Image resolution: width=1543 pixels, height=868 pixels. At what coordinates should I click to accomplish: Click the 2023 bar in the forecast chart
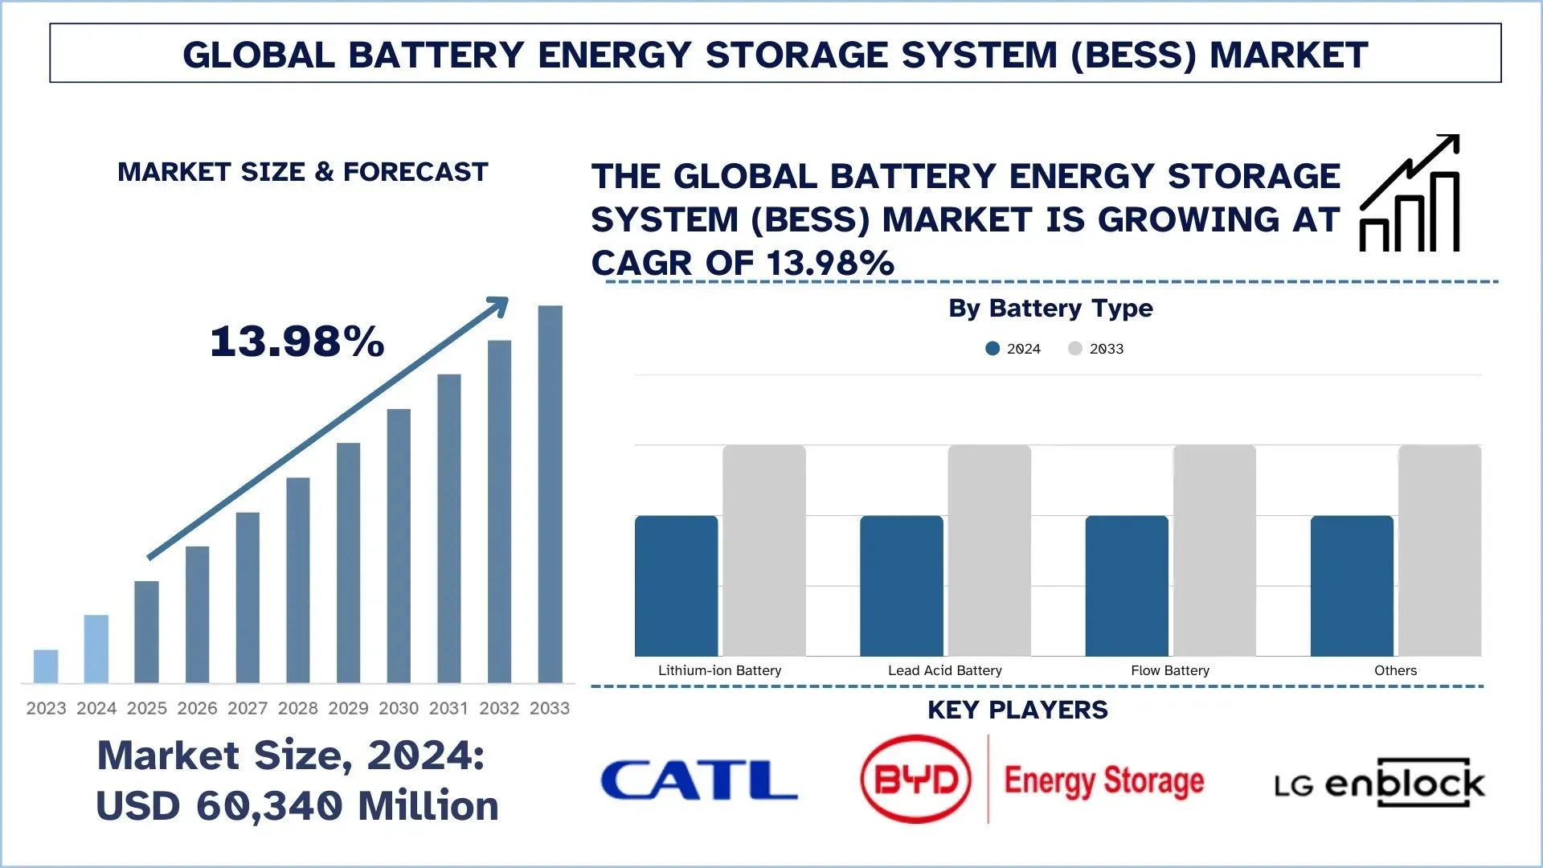(46, 666)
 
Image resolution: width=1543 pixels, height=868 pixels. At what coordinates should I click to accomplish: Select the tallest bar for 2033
(550, 494)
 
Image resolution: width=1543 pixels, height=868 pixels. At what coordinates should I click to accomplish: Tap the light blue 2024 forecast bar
(96, 649)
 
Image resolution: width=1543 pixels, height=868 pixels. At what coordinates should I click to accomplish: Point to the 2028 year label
(297, 708)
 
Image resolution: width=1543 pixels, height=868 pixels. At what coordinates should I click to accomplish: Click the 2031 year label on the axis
(448, 708)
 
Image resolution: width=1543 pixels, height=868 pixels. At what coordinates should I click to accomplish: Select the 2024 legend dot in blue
(993, 349)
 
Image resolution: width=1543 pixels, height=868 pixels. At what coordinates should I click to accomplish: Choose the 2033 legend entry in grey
(1096, 349)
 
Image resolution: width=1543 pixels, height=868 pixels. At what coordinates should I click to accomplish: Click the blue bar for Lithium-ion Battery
(676, 586)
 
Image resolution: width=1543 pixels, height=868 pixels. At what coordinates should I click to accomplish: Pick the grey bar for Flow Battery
(1214, 551)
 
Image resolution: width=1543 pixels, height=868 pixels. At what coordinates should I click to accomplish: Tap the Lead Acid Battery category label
(944, 670)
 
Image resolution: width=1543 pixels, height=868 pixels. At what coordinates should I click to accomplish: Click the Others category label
(1395, 670)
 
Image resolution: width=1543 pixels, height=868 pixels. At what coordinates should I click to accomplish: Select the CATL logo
(698, 780)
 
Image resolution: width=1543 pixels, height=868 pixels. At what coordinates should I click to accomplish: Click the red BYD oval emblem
(915, 779)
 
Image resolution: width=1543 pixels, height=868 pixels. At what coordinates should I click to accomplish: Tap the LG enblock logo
(1379, 783)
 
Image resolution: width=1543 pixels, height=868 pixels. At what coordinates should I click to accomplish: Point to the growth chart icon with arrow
(1410, 194)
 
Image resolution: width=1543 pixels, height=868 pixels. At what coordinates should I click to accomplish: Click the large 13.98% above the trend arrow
(297, 342)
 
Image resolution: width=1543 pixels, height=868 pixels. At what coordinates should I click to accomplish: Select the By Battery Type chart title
(1050, 309)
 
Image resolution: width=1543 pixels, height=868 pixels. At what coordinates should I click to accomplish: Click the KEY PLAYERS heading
(1017, 710)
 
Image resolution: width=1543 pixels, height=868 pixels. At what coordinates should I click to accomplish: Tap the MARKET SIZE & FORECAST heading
(302, 172)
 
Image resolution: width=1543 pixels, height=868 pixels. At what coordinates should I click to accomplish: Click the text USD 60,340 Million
(297, 806)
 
